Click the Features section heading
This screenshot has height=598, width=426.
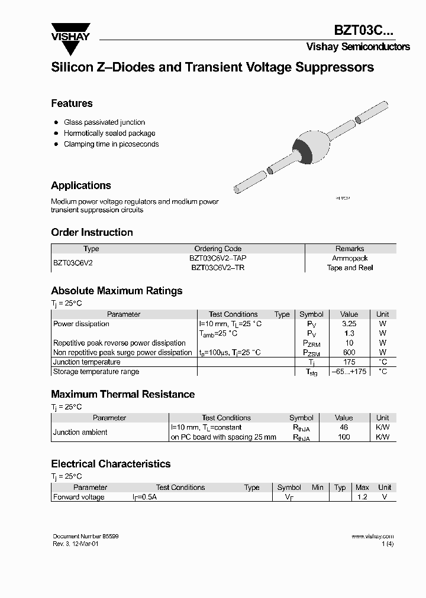[72, 103]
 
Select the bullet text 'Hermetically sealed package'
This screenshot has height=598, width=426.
[109, 133]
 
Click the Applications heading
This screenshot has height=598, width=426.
[80, 186]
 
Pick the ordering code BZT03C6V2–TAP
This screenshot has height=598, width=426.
[218, 258]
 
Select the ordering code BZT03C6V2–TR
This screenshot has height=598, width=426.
[218, 268]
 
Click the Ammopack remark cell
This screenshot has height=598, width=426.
[350, 258]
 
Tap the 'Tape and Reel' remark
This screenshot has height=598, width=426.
[350, 268]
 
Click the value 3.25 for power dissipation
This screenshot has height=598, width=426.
[349, 324]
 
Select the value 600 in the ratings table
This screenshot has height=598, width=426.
[349, 352]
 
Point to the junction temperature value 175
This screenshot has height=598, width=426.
[349, 362]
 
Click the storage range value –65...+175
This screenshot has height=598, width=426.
[349, 372]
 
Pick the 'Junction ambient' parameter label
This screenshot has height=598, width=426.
[80, 432]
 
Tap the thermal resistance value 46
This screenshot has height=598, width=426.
[344, 427]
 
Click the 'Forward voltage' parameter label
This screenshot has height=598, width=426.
[79, 497]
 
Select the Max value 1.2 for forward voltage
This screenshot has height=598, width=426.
[362, 497]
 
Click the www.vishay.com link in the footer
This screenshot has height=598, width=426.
[372, 537]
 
